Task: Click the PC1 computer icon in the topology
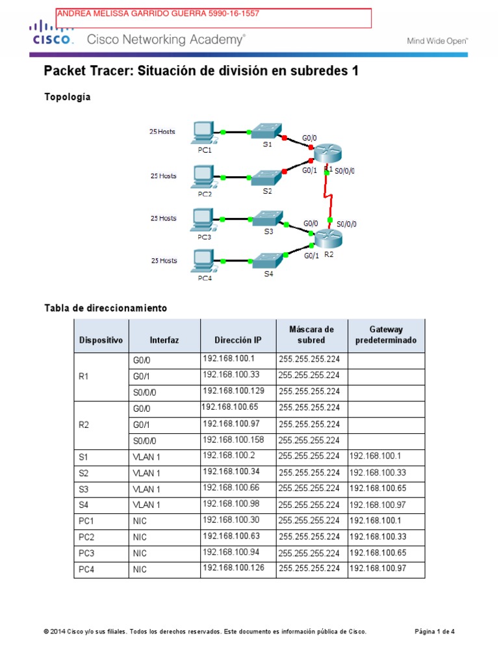coord(205,133)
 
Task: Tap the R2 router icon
coord(327,238)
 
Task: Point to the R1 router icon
coord(327,152)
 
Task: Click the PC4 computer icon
coord(205,262)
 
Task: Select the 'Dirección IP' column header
coord(238,340)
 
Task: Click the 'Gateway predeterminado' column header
coord(387,335)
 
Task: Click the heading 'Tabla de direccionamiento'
coord(105,307)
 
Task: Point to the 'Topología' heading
coord(68,97)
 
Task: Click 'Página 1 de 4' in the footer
coord(435,632)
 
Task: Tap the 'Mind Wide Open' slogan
coord(437,40)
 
